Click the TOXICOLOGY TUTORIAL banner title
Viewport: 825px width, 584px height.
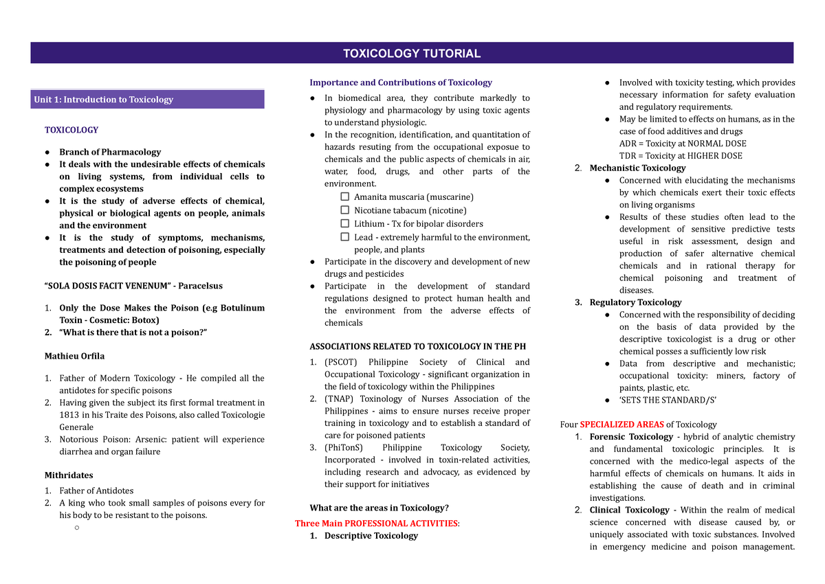(x=412, y=54)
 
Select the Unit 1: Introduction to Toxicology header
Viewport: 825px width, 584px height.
(x=104, y=100)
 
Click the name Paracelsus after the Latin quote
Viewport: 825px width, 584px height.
(x=199, y=286)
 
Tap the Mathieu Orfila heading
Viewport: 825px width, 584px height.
(x=74, y=356)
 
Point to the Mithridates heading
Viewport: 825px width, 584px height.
(x=69, y=475)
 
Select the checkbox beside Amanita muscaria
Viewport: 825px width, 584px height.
(x=345, y=197)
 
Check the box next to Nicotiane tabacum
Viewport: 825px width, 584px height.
(x=345, y=210)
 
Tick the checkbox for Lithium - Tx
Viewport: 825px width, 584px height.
(x=345, y=223)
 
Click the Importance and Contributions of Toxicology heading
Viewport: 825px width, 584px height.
(x=401, y=82)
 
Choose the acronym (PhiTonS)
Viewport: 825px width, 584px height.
(x=344, y=447)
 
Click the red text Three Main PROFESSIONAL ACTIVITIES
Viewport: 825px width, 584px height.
(x=377, y=524)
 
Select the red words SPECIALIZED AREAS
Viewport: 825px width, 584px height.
(x=615, y=425)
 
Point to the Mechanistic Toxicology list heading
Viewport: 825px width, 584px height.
(x=637, y=168)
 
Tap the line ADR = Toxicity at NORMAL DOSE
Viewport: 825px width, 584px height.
(x=682, y=144)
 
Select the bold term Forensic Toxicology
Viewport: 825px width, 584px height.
(x=631, y=437)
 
